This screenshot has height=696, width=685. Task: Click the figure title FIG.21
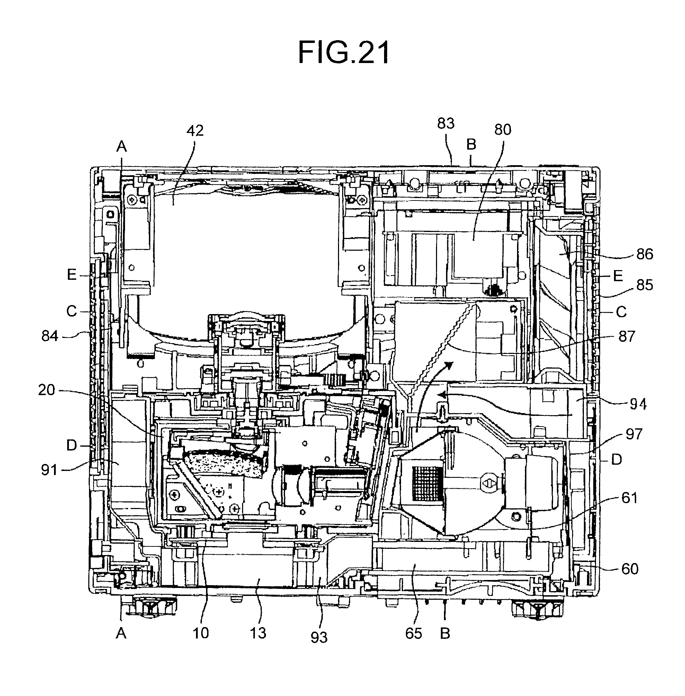pyautogui.click(x=344, y=53)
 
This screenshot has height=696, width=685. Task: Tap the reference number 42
pyautogui.click(x=195, y=131)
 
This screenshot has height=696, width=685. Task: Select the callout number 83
pyautogui.click(x=446, y=123)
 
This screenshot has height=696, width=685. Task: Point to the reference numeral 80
pyautogui.click(x=502, y=130)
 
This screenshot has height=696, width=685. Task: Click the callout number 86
pyautogui.click(x=644, y=254)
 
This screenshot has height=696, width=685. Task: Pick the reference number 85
pyautogui.click(x=644, y=285)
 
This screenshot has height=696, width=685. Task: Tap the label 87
pyautogui.click(x=627, y=336)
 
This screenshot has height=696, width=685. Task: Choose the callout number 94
pyautogui.click(x=638, y=404)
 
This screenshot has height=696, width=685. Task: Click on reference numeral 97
pyautogui.click(x=633, y=434)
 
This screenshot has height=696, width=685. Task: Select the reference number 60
pyautogui.click(x=630, y=569)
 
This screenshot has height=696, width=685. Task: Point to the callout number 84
pyautogui.click(x=50, y=336)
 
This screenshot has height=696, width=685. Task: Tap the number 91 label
pyautogui.click(x=49, y=470)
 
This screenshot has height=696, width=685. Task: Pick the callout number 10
pyautogui.click(x=201, y=633)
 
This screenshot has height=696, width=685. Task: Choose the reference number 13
pyautogui.click(x=258, y=633)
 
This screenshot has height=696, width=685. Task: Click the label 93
pyautogui.click(x=319, y=637)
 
